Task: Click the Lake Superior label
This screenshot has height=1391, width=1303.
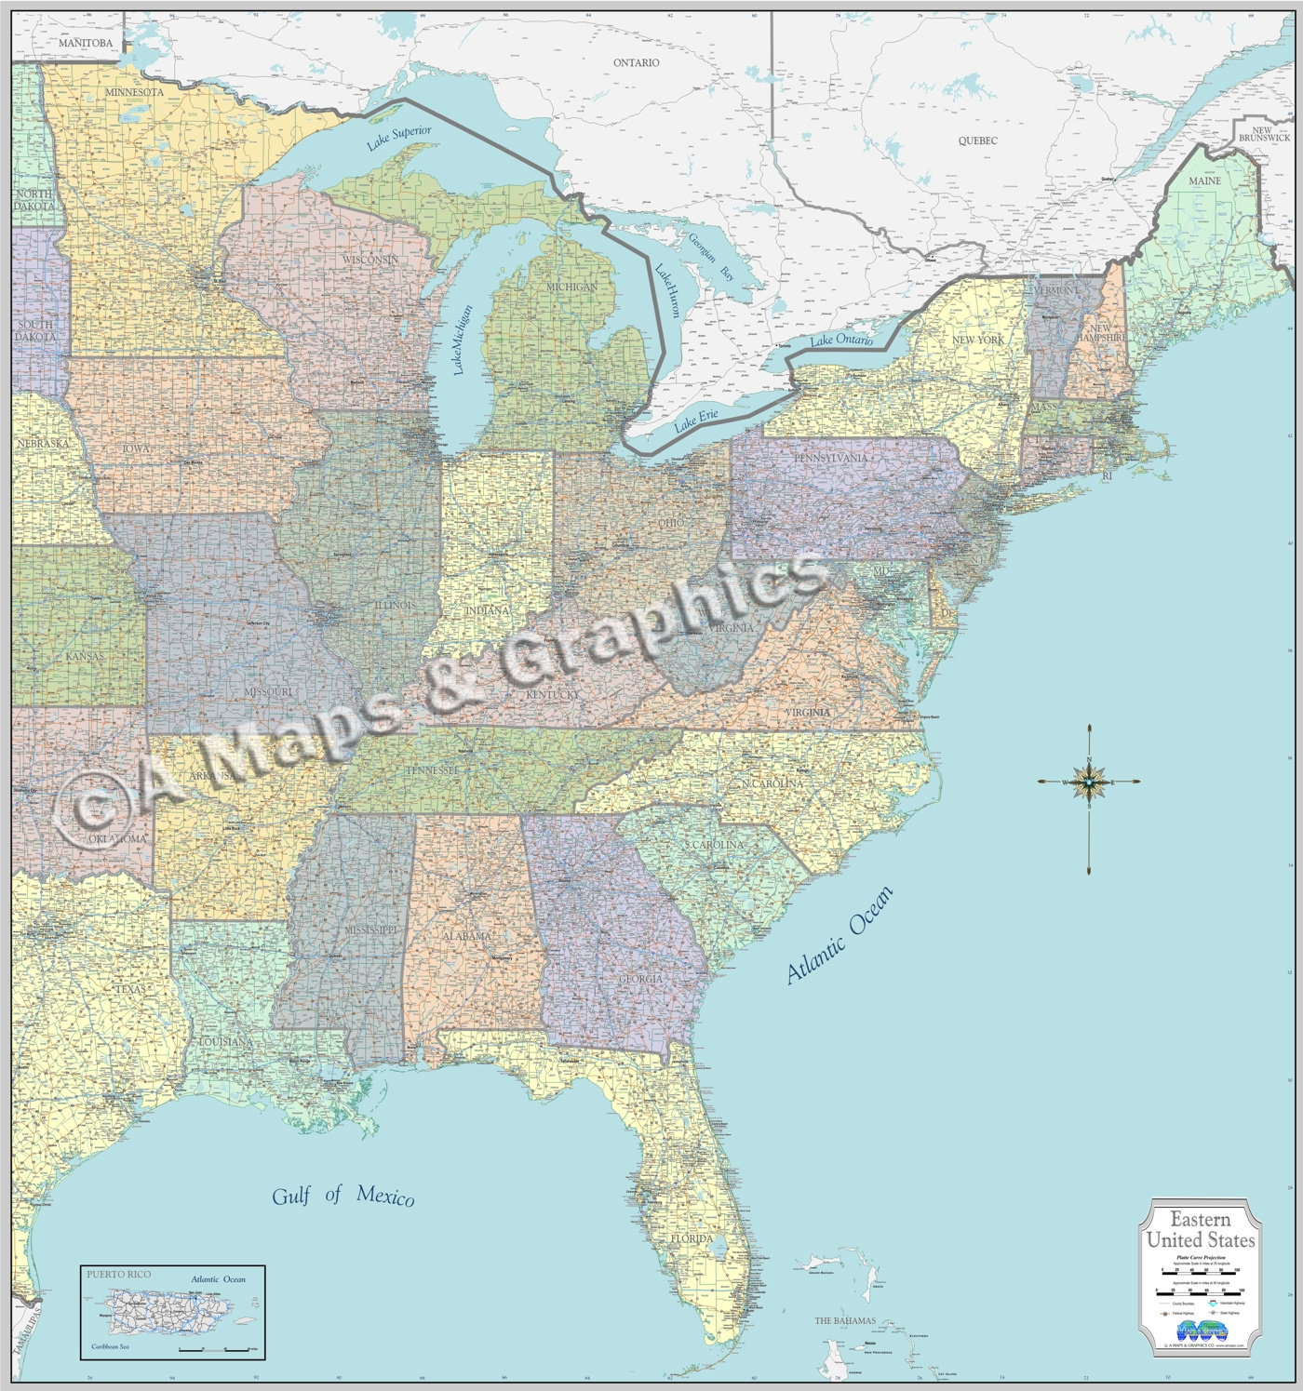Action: click(398, 138)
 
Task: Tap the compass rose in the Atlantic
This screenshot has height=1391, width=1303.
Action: click(1088, 782)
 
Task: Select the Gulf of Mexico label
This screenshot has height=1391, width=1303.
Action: click(343, 1196)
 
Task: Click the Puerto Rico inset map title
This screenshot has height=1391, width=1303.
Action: click(118, 1274)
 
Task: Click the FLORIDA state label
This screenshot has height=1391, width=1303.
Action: click(692, 1238)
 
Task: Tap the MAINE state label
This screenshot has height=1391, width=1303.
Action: click(1204, 181)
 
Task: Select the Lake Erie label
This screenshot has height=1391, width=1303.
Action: click(696, 421)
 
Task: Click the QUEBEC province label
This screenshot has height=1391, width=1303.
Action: click(977, 140)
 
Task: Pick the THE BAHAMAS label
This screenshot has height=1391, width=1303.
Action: click(845, 1320)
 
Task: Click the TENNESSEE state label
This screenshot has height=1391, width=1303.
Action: click(432, 770)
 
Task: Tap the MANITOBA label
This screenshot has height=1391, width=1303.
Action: click(85, 43)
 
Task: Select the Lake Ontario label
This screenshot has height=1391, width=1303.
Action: click(841, 341)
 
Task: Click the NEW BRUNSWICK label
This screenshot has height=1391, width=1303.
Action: click(1264, 134)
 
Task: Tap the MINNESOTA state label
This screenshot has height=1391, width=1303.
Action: click(134, 92)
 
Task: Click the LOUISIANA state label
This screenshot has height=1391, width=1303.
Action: click(224, 1041)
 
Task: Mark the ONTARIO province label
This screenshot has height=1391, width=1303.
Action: click(636, 62)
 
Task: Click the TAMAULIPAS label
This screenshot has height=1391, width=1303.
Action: click(27, 1330)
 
